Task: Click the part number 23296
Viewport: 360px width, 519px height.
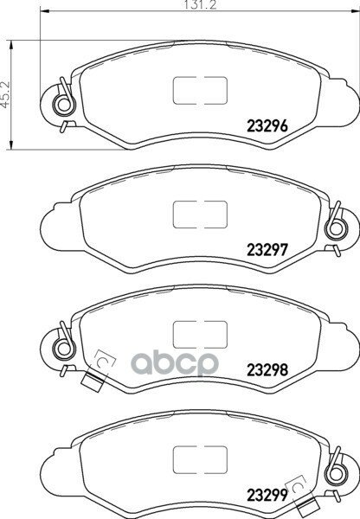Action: point(267,125)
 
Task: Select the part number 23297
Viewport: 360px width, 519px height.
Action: point(267,250)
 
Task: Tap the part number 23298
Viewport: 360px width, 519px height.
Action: point(267,370)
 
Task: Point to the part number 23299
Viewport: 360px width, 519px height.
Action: point(267,495)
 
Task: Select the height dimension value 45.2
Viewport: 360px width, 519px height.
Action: point(6,94)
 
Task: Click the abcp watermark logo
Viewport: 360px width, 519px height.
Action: point(175,363)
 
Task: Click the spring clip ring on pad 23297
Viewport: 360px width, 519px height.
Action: point(336,229)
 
